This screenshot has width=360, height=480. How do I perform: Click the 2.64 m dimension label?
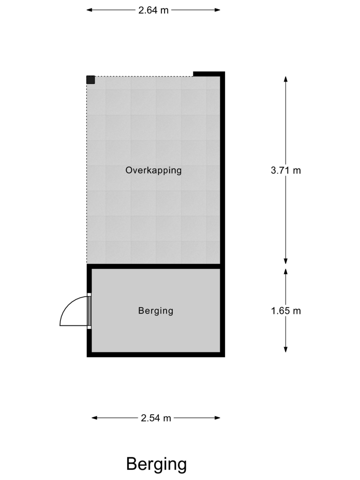[x=154, y=10]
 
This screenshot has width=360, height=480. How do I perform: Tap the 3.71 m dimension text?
[x=286, y=170]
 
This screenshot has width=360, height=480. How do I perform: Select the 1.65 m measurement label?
[x=286, y=311]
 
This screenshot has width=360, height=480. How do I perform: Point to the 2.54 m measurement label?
[x=156, y=418]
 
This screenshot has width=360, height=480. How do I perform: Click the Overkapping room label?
[x=154, y=170]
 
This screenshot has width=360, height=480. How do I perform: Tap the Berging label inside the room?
[x=156, y=311]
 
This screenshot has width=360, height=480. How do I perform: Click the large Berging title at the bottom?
[x=156, y=465]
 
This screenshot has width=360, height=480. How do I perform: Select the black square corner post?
[x=91, y=80]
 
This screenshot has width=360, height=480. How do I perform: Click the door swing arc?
[x=68, y=306]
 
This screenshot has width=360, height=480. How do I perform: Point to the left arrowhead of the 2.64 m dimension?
[x=89, y=10]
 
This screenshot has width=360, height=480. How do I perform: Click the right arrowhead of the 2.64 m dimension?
[x=217, y=10]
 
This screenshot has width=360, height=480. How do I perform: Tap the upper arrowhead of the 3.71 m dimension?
[x=286, y=79]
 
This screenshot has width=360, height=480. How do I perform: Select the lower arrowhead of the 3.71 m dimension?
[x=286, y=261]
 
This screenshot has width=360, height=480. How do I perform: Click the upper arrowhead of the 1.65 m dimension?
[x=286, y=272]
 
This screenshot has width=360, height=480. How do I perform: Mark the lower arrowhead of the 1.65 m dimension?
[x=286, y=349]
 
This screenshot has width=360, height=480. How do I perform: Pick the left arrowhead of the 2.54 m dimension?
[x=95, y=418]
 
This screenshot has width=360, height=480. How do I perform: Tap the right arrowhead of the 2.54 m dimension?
[x=217, y=418]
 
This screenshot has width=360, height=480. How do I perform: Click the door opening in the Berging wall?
[x=89, y=311]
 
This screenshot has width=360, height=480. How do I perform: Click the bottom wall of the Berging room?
[x=156, y=355]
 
